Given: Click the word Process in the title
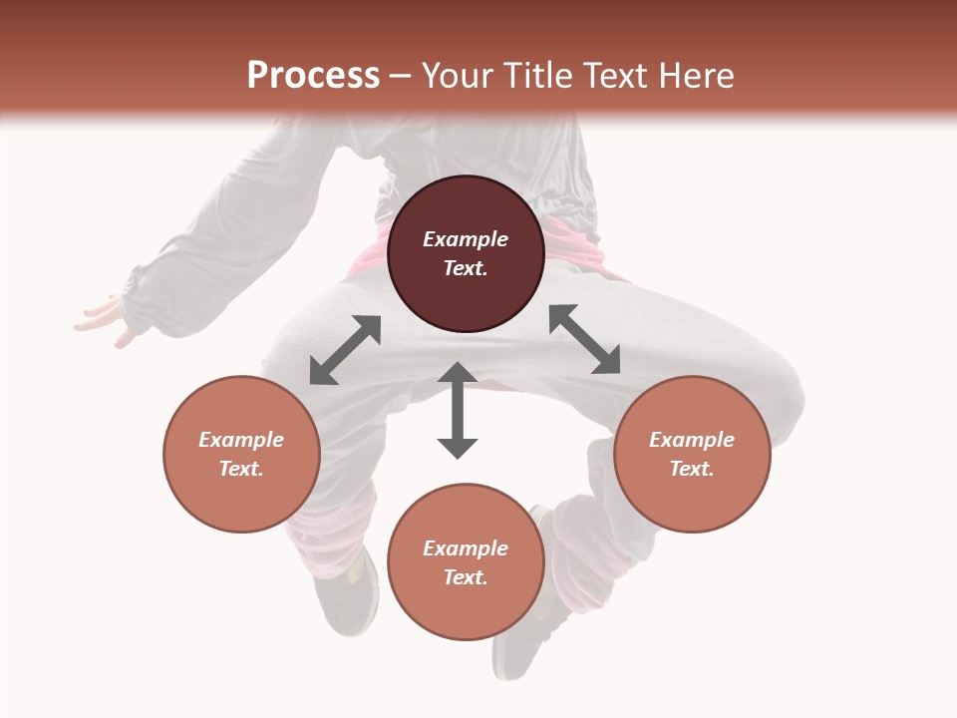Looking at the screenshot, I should [313, 76].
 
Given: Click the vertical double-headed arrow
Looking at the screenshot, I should [458, 410].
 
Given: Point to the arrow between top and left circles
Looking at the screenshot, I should [345, 350].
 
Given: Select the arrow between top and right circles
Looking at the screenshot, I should [584, 339].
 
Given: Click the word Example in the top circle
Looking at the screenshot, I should [466, 239].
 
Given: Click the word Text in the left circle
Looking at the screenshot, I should [241, 469].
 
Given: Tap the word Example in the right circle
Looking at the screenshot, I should [692, 440].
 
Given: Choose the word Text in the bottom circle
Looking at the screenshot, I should [466, 577].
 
